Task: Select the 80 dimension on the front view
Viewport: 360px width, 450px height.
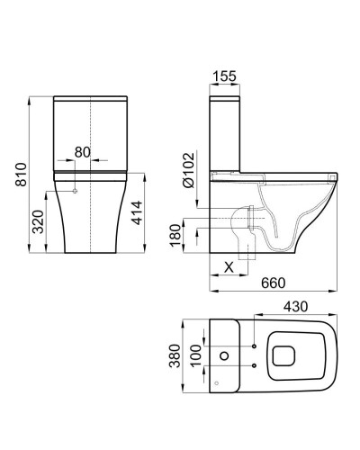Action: pos(82,151)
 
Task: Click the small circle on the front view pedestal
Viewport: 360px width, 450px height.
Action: pos(76,192)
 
